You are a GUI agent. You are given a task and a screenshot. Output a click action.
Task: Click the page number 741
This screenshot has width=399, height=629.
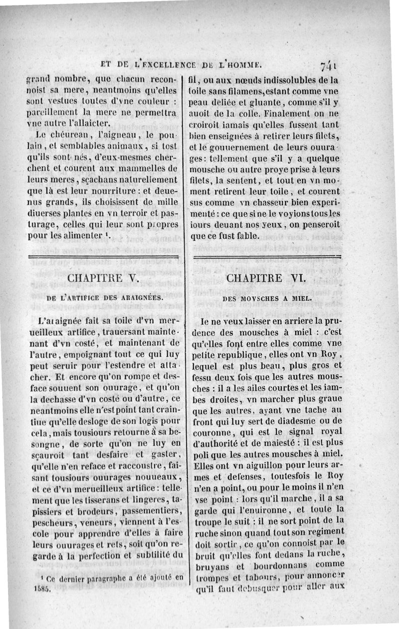coord(330,65)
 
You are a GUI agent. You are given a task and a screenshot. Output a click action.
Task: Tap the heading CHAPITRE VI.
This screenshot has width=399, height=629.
coord(265,278)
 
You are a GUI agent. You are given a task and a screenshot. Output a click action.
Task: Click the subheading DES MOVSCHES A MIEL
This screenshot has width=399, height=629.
coord(267,298)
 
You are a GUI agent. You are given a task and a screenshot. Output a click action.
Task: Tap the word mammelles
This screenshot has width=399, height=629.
coord(148,167)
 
